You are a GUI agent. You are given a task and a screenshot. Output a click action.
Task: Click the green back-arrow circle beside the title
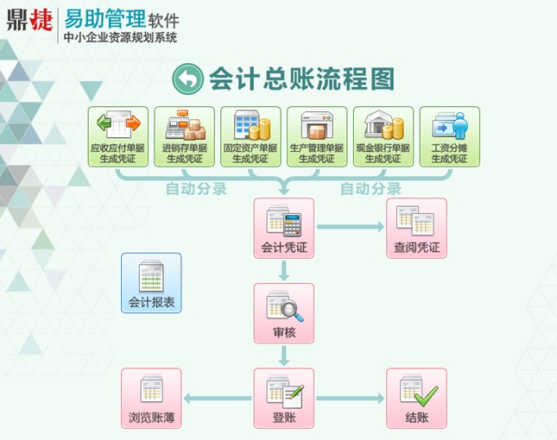pyautogui.click(x=187, y=79)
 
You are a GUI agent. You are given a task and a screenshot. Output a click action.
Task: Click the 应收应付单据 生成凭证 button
pyautogui.click(x=118, y=136)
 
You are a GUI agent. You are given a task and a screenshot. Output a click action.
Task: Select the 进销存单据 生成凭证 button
pyautogui.click(x=184, y=136)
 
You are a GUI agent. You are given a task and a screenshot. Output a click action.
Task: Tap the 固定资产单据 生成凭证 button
pyautogui.click(x=250, y=136)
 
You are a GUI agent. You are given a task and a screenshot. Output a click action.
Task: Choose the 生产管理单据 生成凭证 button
pyautogui.click(x=317, y=136)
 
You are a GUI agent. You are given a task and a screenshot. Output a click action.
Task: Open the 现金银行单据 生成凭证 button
pyautogui.click(x=383, y=136)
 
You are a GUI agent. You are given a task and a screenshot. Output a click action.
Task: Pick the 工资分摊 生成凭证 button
pyautogui.click(x=449, y=136)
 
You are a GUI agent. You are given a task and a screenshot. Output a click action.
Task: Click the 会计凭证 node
pyautogui.click(x=284, y=229)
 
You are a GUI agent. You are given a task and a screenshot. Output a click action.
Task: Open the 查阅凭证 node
pyautogui.click(x=416, y=229)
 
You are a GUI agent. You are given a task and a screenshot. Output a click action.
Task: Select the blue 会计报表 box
pyautogui.click(x=151, y=283)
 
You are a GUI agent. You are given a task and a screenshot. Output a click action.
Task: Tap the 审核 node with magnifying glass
pyautogui.click(x=284, y=313)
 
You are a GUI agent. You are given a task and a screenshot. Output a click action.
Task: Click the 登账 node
pyautogui.click(x=284, y=398)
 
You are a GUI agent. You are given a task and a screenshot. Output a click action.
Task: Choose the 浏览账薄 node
pyautogui.click(x=151, y=398)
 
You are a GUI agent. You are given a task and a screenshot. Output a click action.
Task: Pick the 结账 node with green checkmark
pyautogui.click(x=416, y=398)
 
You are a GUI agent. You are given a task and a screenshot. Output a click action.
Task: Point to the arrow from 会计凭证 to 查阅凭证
pyautogui.click(x=350, y=227)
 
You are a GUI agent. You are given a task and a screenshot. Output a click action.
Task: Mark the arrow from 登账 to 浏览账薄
pyautogui.click(x=217, y=398)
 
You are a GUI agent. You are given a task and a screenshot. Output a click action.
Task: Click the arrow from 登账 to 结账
pyautogui.click(x=350, y=398)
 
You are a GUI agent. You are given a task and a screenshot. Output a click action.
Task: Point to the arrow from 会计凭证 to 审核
pyautogui.click(x=284, y=271)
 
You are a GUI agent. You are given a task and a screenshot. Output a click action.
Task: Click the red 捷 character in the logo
pyautogui.click(x=41, y=21)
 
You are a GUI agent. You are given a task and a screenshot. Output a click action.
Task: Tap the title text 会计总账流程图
pyautogui.click(x=301, y=79)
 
